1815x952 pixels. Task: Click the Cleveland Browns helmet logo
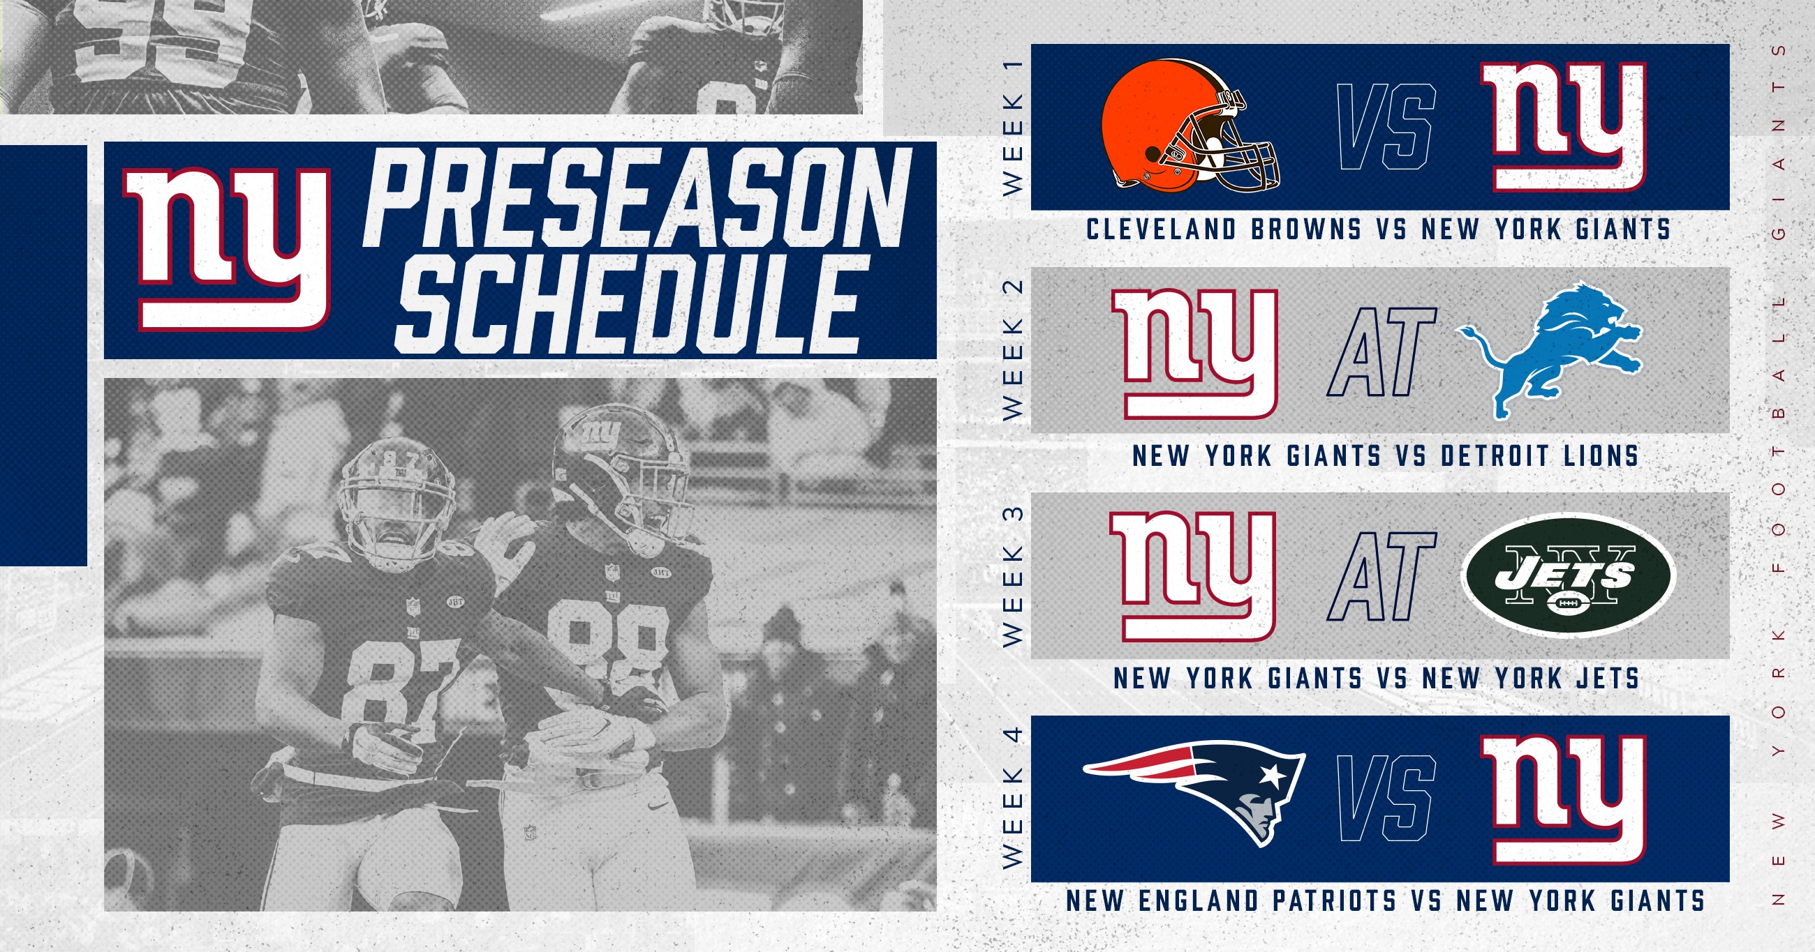tap(1190, 126)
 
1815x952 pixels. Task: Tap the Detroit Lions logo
tap(1549, 351)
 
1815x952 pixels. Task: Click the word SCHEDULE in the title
tap(627, 305)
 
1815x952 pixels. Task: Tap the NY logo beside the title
tap(228, 250)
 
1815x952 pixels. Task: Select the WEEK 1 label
tap(1012, 127)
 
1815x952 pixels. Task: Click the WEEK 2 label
tap(1012, 350)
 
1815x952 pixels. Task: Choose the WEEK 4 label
tap(1012, 797)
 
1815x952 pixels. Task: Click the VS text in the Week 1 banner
tap(1386, 127)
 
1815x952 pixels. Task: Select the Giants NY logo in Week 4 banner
tap(1564, 799)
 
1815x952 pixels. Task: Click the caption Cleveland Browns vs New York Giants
tap(1379, 229)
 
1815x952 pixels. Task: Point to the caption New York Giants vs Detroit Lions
tap(1385, 456)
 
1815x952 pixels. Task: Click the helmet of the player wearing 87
tap(396, 501)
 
